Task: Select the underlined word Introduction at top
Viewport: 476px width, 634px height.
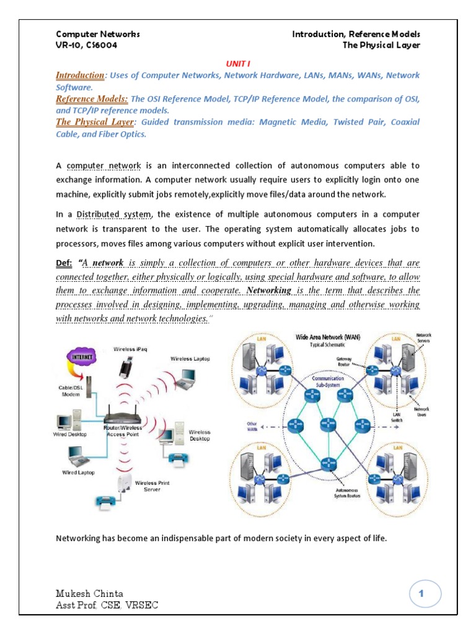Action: (x=80, y=76)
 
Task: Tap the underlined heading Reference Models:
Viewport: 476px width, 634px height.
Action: (x=92, y=99)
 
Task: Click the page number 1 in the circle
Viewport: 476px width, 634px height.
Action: (x=425, y=594)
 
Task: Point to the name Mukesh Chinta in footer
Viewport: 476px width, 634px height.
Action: (x=90, y=594)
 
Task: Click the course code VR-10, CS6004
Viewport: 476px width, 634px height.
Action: (x=87, y=45)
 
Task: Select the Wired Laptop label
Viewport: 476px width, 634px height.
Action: (x=78, y=472)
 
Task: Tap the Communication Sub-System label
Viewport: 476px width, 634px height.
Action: (x=328, y=380)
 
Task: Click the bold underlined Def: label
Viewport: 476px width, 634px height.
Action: (x=64, y=263)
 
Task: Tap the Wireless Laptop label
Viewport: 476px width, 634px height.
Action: (x=190, y=358)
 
